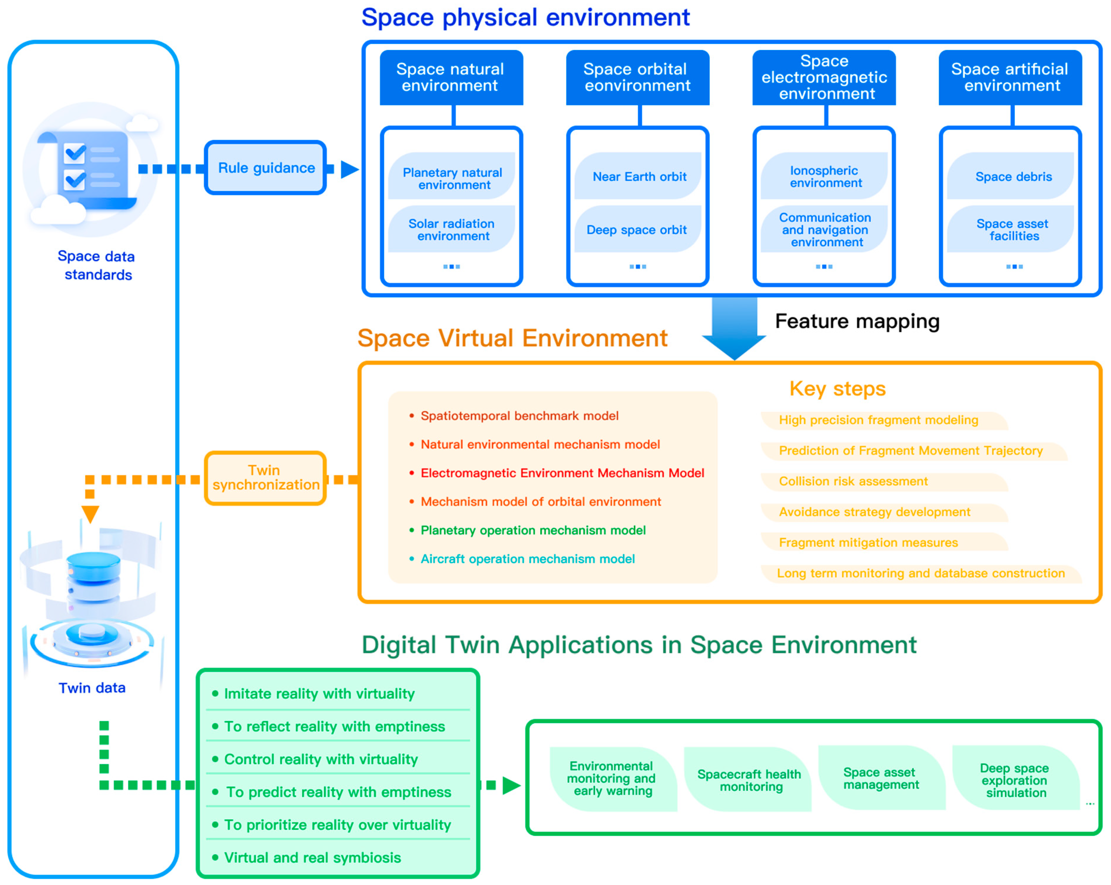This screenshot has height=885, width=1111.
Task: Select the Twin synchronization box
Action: point(265,478)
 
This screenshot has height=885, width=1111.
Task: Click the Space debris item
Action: point(1013,177)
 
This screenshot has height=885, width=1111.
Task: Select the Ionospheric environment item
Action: point(824,177)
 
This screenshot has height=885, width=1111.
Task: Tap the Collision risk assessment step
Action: point(853,481)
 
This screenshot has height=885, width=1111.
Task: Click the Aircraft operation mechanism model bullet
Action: point(527,559)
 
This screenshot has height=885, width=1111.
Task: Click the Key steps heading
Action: point(837,388)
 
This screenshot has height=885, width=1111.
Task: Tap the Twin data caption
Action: point(92,688)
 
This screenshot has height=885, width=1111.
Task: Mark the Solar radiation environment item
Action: point(452,230)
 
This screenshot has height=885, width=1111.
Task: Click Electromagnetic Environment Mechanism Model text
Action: point(562,473)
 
